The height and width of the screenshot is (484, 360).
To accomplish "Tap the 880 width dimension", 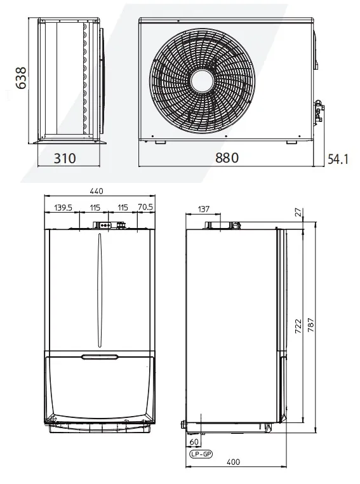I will click(x=227, y=158).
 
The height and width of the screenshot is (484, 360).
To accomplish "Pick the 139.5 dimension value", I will click(x=63, y=207).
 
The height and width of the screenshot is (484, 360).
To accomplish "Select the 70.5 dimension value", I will click(x=144, y=207).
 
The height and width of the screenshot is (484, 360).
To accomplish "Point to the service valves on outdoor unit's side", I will click(x=318, y=111).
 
